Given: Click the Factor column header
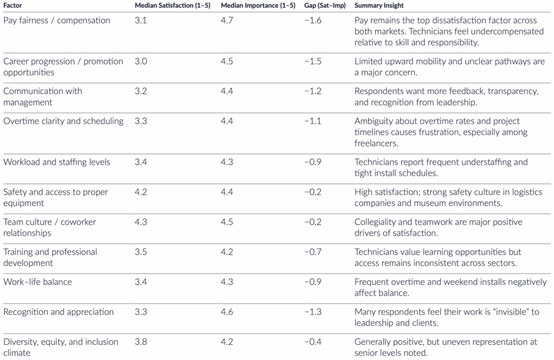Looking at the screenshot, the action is [13, 5].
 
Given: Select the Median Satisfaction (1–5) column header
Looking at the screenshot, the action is [173, 5].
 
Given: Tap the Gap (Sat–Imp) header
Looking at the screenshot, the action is [325, 5].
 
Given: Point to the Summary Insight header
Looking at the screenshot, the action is [379, 5].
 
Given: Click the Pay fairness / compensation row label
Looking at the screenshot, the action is [56, 21].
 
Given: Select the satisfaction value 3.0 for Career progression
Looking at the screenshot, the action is [141, 61].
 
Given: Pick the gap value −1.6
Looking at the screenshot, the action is [313, 21].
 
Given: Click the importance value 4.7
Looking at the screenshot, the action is [227, 21].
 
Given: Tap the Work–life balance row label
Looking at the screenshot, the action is [37, 282].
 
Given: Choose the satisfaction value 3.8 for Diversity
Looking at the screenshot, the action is [141, 342].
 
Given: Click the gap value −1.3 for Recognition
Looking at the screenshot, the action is [313, 312].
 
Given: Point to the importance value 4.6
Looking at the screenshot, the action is [227, 312].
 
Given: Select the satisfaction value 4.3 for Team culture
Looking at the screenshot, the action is [141, 222].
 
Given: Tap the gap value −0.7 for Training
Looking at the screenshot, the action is [313, 252].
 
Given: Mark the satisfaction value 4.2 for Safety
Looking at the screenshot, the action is [141, 192].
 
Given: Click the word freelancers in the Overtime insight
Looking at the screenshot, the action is [376, 143].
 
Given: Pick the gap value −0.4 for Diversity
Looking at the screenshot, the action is [313, 342].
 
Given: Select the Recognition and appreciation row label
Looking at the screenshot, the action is [58, 312].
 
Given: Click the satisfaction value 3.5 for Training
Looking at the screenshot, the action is [141, 252].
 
